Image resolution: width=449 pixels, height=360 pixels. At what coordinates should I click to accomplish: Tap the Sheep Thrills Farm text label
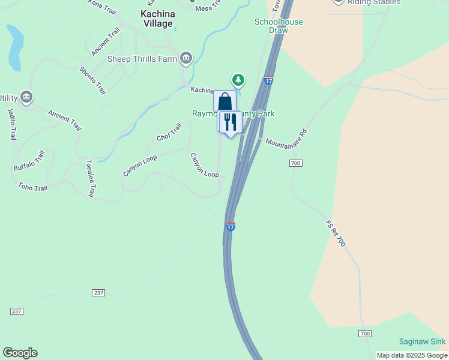click(142, 58)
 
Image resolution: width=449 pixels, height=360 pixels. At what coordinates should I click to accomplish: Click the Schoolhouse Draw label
click(278, 26)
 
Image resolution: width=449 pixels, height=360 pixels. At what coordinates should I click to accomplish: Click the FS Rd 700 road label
click(336, 233)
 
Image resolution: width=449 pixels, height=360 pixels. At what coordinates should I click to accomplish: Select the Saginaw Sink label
click(422, 341)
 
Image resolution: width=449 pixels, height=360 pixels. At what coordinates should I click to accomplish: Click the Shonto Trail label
click(92, 80)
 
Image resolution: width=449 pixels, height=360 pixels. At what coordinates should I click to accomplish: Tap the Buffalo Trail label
click(29, 161)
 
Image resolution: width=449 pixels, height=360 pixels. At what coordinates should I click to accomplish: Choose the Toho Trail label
click(32, 187)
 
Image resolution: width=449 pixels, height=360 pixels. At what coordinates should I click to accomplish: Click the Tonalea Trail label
click(89, 178)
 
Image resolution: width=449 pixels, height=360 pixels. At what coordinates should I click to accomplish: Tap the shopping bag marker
click(224, 101)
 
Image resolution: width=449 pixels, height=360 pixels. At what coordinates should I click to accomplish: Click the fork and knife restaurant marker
click(230, 122)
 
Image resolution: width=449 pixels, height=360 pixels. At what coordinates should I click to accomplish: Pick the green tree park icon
click(238, 79)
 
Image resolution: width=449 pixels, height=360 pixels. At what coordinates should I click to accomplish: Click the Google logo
click(20, 353)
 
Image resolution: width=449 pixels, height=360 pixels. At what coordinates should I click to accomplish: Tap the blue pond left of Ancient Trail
click(14, 47)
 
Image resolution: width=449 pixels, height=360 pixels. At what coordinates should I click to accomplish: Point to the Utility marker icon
click(26, 97)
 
